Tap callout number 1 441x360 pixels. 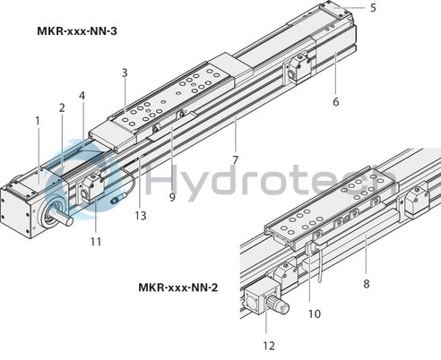38,120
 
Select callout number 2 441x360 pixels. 62,108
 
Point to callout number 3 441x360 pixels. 125,72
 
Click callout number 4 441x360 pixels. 82,95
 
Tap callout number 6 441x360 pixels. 335,101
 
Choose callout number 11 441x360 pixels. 95,241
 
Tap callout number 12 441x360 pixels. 270,344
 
